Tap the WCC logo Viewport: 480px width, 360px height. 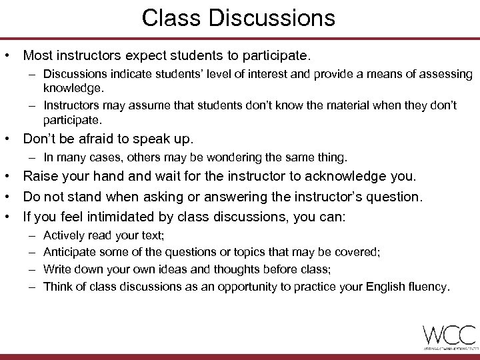pyautogui.click(x=449, y=335)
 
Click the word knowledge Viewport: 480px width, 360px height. pyautogui.click(x=73, y=87)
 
